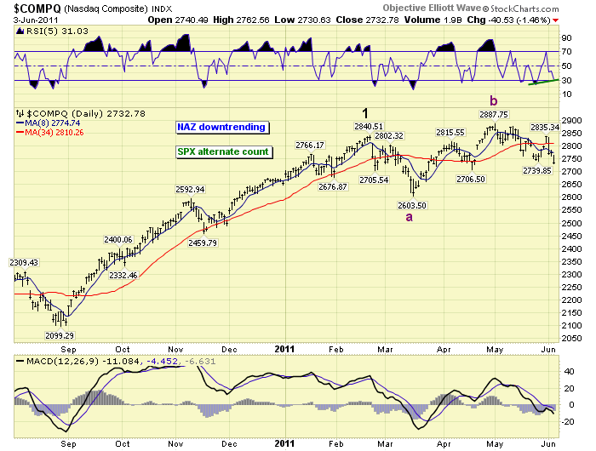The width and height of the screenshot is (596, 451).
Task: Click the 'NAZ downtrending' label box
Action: (x=221, y=127)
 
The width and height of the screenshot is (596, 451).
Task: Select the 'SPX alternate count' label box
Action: (x=223, y=151)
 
